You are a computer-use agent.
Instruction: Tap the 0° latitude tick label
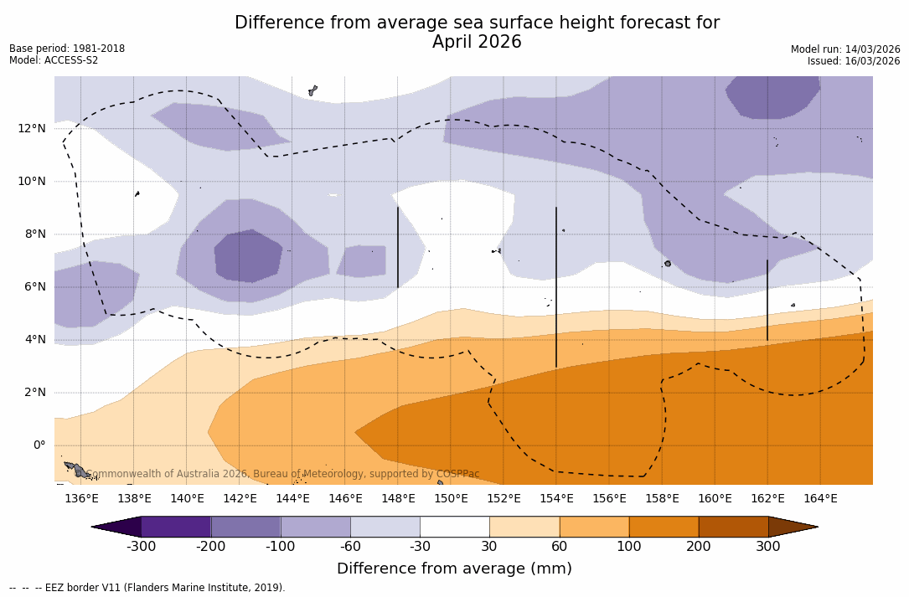tap(39, 445)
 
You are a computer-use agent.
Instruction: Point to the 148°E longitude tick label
tap(398, 499)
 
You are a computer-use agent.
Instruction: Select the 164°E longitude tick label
tap(820, 499)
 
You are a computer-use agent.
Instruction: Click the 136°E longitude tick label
tap(81, 499)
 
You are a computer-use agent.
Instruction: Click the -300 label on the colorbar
tap(142, 547)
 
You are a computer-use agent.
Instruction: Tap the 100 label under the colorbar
tap(629, 547)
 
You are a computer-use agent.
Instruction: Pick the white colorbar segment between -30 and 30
tap(455, 527)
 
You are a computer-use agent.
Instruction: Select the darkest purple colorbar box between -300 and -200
tap(176, 527)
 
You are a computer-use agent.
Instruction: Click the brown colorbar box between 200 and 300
tap(733, 527)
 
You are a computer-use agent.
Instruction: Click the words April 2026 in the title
tap(477, 42)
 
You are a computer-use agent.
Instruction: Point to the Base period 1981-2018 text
tap(67, 49)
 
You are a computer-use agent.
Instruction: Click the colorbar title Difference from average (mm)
tap(454, 569)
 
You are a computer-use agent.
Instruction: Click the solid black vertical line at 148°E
tap(398, 248)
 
